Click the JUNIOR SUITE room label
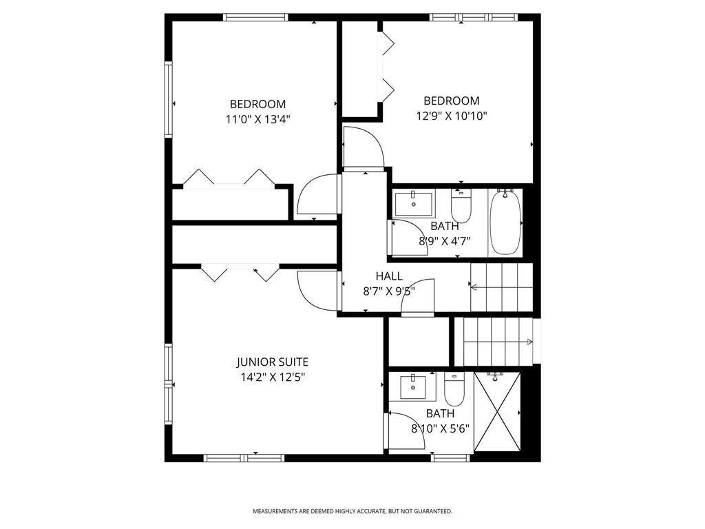point(273,362)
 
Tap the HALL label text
point(389,276)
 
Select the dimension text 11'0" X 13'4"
point(257,118)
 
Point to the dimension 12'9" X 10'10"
point(452,116)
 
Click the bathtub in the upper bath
point(505,221)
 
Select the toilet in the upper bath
point(461,205)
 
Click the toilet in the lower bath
point(454,390)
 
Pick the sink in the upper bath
point(414,203)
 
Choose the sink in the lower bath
point(413,387)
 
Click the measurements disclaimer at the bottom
point(352,511)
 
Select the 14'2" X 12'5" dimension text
point(273,377)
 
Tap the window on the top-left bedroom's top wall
point(255,18)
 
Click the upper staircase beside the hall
point(502,286)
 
